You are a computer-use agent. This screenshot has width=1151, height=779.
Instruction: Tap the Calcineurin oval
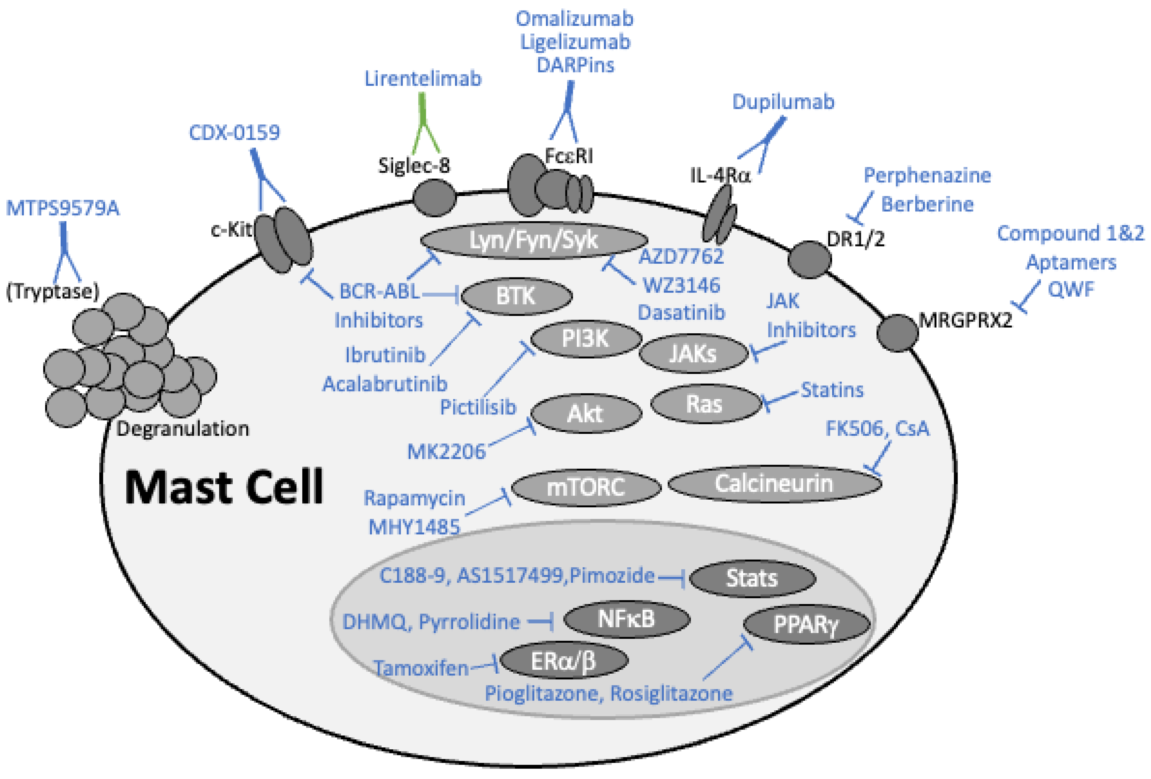(774, 483)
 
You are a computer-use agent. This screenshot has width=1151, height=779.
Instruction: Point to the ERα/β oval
(564, 661)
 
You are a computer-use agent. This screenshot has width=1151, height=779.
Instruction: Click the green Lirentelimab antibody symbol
(423, 124)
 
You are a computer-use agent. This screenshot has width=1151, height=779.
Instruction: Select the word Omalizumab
(574, 19)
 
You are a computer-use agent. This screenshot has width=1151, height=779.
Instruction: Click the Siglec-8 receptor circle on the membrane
(434, 197)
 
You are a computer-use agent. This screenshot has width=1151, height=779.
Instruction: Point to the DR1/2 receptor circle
(809, 259)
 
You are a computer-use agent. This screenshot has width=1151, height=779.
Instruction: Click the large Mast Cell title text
(224, 488)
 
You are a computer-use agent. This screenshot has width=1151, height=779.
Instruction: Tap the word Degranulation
(182, 429)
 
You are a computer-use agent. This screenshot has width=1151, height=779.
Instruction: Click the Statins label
(832, 390)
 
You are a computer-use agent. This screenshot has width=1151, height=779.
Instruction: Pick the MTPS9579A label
(62, 208)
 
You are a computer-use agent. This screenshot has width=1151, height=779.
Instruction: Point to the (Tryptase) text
(52, 291)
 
